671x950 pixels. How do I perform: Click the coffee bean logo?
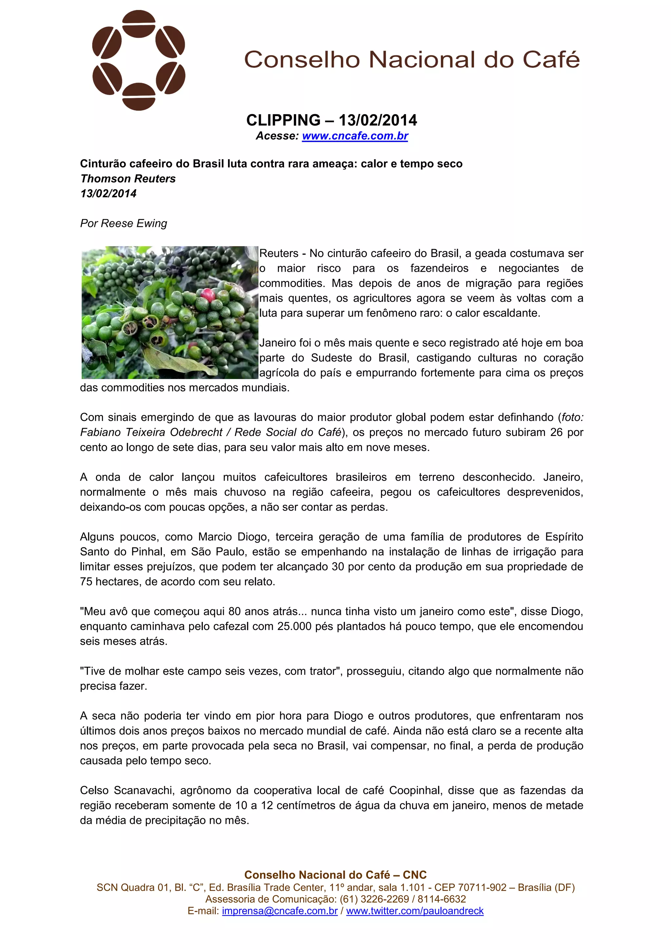pyautogui.click(x=139, y=60)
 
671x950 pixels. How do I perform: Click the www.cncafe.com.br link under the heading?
pyautogui.click(x=355, y=136)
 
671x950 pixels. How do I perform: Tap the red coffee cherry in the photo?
pyautogui.click(x=207, y=295)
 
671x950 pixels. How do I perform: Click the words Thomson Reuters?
pyautogui.click(x=128, y=179)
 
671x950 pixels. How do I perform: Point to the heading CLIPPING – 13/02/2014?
pyautogui.click(x=332, y=120)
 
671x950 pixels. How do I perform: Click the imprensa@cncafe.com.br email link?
pyautogui.click(x=279, y=911)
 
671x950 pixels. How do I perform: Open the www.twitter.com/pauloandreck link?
pyautogui.click(x=415, y=911)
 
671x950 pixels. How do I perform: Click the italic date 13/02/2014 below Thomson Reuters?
pyautogui.click(x=108, y=194)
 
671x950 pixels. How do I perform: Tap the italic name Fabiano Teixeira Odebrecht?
pyautogui.click(x=151, y=432)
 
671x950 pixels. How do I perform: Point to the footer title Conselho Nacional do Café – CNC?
pyautogui.click(x=335, y=875)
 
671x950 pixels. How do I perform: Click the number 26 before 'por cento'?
pyautogui.click(x=556, y=432)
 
